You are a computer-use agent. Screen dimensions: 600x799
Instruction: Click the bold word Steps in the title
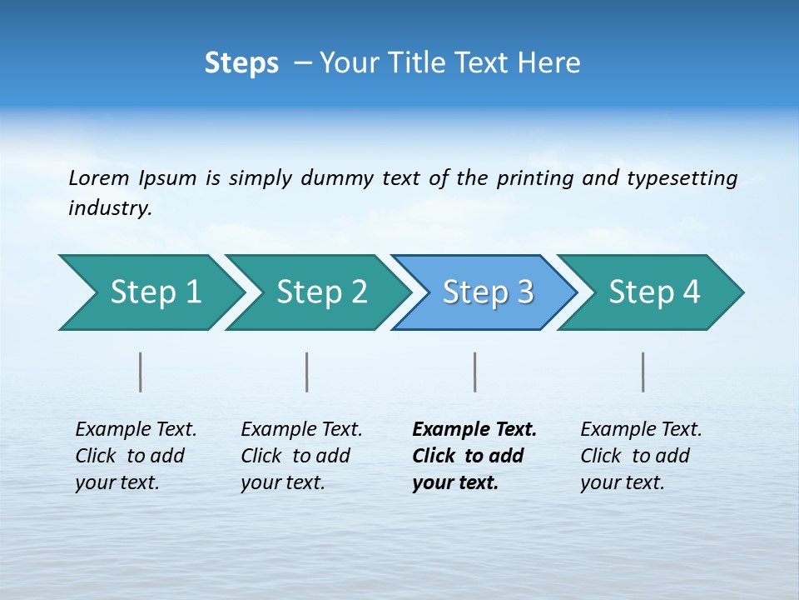241,63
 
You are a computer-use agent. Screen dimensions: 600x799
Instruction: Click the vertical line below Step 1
141,372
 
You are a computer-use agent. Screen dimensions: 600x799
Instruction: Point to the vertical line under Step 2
307,372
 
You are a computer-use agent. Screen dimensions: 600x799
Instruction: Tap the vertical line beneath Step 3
475,372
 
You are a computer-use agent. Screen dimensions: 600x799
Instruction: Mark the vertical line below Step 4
643,372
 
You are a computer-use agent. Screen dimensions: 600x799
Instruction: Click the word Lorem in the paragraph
99,178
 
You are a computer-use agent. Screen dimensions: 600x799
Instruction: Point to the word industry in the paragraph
110,208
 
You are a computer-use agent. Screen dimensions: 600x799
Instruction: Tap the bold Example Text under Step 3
474,430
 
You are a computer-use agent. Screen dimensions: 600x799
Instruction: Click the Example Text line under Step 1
136,430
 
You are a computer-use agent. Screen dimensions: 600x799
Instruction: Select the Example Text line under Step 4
641,430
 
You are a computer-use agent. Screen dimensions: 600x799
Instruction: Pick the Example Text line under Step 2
301,430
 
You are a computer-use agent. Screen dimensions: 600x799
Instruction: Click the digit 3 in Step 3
524,292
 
